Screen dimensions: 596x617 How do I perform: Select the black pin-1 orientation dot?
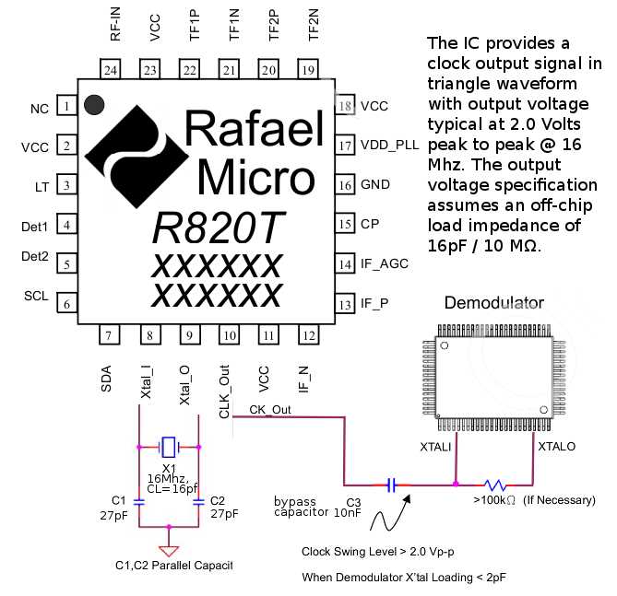click(93, 104)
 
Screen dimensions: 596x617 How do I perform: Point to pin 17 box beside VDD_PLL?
click(346, 146)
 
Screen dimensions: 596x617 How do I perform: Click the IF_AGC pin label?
click(385, 263)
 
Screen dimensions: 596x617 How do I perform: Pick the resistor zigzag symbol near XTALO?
click(494, 483)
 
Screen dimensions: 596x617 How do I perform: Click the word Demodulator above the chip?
click(493, 303)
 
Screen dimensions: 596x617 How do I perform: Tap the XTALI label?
click(436, 446)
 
